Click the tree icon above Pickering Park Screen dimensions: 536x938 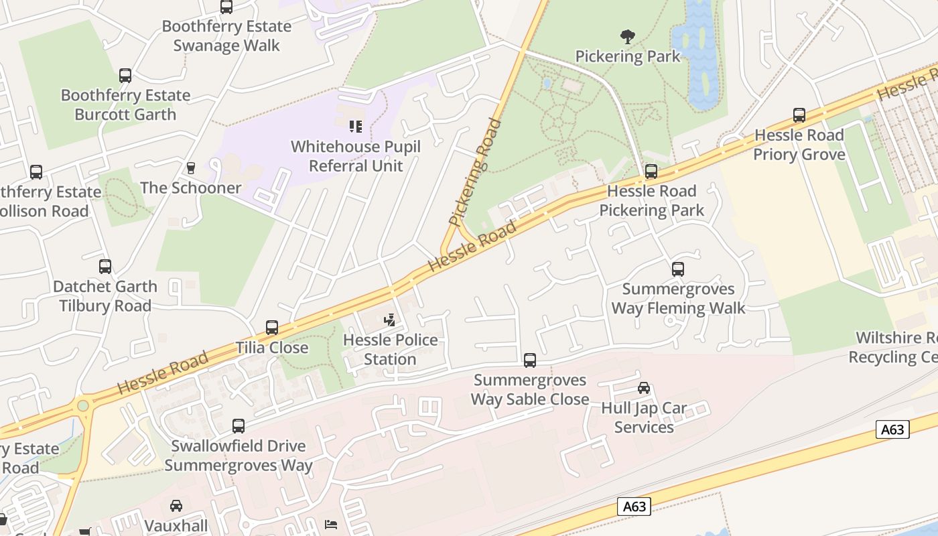pos(627,36)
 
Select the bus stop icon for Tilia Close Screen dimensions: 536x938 pos(272,328)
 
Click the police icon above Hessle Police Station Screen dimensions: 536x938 pos(390,320)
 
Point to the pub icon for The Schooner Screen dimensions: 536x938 pos(191,167)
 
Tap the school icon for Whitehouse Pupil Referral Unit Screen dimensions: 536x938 pos(356,126)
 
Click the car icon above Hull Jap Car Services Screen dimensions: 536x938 pos(644,388)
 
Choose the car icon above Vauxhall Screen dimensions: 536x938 pos(176,506)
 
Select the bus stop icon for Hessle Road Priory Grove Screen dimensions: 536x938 pos(799,115)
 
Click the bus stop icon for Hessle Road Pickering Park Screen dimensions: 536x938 pos(651,172)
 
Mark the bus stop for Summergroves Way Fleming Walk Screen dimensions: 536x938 pos(678,269)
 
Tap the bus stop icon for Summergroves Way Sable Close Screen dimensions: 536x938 pos(530,360)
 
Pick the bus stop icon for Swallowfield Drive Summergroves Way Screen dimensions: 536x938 pos(239,426)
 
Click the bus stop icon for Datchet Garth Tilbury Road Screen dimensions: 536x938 pos(105,267)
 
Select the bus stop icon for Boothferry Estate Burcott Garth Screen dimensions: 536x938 pos(125,76)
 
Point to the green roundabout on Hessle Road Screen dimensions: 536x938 pos(83,405)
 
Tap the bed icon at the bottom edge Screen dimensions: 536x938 pos(331,524)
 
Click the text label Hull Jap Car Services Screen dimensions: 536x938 pos(643,417)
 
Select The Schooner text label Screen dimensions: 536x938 pos(191,188)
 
